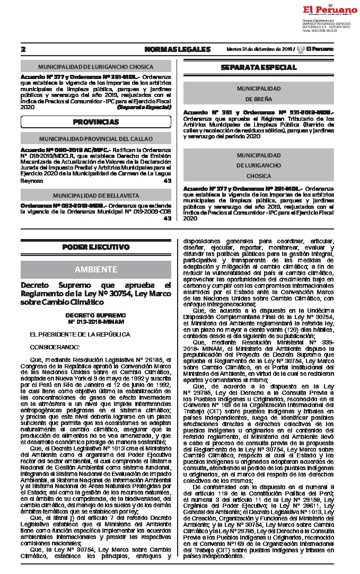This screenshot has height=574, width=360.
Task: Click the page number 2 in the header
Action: pos(23,49)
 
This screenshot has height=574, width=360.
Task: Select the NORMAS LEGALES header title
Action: pos(177,49)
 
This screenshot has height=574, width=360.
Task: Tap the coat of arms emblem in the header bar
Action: pos(300,49)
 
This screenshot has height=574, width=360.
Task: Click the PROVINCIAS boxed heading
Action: pos(95,122)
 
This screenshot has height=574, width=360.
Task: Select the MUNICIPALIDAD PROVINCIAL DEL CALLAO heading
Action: pos(95,138)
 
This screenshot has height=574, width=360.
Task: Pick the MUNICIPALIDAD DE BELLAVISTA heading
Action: pos(95,195)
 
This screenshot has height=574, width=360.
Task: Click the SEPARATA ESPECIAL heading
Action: pos(258,67)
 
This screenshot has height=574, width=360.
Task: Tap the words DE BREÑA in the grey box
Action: pos(259,99)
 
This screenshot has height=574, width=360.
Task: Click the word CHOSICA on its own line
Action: pos(259,175)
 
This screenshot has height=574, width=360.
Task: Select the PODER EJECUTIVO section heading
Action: pos(95,247)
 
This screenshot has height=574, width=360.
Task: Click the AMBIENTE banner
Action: pos(95,269)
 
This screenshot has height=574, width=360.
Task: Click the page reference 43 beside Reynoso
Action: pos(168,181)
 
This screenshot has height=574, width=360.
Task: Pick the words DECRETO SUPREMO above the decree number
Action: pos(96,315)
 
